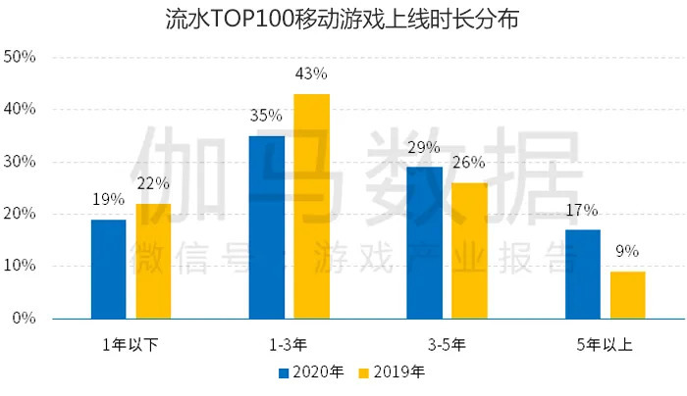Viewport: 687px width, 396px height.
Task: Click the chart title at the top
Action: coord(343,19)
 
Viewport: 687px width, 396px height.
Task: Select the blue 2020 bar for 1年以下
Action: coord(108,269)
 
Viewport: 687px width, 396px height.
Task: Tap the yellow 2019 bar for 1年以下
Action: coord(153,261)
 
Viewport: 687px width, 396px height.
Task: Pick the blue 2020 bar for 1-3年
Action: coord(266,226)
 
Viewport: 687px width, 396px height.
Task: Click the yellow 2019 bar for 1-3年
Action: coord(311,206)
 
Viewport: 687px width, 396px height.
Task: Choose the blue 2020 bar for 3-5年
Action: coord(424,242)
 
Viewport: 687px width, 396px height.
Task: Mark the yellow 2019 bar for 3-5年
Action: coord(469,250)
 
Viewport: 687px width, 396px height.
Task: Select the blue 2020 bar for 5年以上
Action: coord(582,273)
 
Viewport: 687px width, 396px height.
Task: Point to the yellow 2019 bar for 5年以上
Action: coord(627,294)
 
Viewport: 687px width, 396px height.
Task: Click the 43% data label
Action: coord(311,74)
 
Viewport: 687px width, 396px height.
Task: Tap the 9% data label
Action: coord(627,251)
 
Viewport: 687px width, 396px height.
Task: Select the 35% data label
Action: coord(266,116)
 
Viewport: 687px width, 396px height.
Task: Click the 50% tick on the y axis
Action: coord(21,58)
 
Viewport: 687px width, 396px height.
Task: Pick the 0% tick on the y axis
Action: coord(25,319)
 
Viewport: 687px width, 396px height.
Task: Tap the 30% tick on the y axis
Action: coord(21,162)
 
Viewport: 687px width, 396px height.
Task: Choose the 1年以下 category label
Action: coord(131,344)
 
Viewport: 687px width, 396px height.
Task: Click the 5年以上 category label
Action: coord(605,344)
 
